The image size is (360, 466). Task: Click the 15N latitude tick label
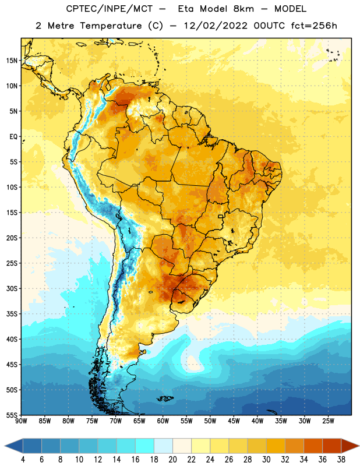click(12, 61)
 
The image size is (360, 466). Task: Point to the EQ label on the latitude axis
click(13, 137)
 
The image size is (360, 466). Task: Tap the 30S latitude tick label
click(12, 289)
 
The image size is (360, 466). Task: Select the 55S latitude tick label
click(12, 415)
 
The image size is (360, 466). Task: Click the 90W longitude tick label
click(22, 421)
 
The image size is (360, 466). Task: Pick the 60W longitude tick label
click(163, 421)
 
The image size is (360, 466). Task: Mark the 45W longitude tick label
click(234, 421)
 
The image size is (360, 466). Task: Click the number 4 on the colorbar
click(23, 460)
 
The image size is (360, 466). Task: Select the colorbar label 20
click(172, 460)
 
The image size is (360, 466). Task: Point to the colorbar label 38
click(341, 460)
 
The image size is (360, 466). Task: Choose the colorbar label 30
click(266, 460)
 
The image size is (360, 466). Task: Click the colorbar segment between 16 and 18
click(145, 446)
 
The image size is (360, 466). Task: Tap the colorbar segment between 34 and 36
click(313, 446)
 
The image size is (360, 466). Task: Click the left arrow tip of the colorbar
click(5, 446)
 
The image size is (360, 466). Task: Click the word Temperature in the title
click(111, 26)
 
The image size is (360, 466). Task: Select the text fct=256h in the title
click(314, 26)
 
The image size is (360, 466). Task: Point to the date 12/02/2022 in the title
click(216, 26)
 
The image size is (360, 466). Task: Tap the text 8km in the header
click(243, 9)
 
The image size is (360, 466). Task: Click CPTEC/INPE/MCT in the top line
click(109, 9)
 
